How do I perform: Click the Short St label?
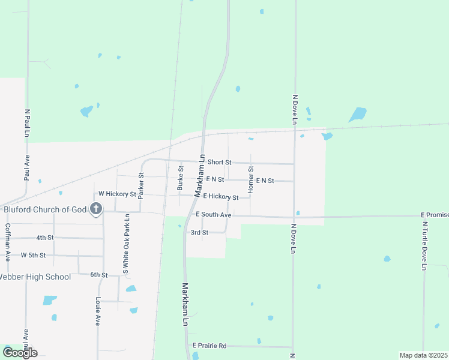[219, 163]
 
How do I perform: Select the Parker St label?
[141, 186]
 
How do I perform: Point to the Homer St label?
[251, 179]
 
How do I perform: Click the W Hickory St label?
[117, 194]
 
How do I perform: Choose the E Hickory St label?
[221, 196]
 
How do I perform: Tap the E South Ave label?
[213, 214]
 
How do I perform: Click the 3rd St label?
[199, 232]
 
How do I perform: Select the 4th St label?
[45, 238]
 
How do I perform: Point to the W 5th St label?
[33, 255]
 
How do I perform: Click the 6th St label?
[98, 275]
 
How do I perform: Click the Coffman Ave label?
[8, 242]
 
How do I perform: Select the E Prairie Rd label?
[209, 346]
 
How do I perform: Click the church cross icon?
[95, 209]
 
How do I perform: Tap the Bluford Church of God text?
[46, 209]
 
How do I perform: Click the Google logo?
[20, 352]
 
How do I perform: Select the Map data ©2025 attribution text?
[423, 355]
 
